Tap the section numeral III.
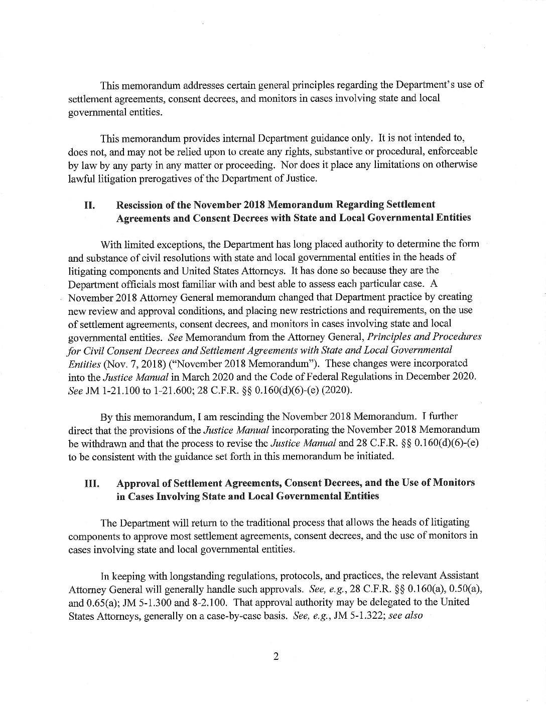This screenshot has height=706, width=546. [91, 483]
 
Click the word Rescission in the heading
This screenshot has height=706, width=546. [140, 205]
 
